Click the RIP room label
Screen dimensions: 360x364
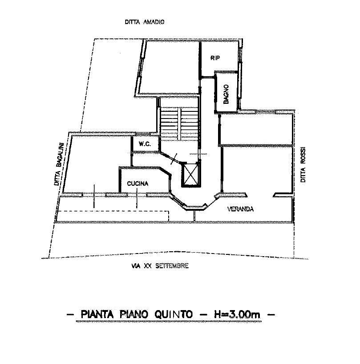(x=215, y=58)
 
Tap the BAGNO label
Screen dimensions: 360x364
(x=226, y=94)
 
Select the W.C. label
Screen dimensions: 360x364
(x=145, y=144)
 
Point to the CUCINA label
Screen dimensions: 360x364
(x=138, y=184)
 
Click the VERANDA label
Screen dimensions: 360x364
(x=240, y=209)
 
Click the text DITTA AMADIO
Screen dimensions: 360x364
(x=145, y=22)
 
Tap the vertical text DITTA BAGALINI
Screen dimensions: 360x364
(x=58, y=164)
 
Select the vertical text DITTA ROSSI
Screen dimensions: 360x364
(x=303, y=164)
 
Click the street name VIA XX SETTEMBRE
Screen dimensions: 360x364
(x=160, y=266)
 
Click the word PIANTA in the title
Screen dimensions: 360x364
(x=97, y=314)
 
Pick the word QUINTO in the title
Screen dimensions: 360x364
(x=174, y=314)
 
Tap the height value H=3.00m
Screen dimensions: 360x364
(x=237, y=314)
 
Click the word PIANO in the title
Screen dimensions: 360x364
(x=134, y=314)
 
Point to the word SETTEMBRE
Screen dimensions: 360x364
(x=172, y=266)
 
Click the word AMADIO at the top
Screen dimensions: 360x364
(x=154, y=22)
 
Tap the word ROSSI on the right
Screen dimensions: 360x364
(x=303, y=155)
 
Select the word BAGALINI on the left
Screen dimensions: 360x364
(x=60, y=155)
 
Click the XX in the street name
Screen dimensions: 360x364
(x=148, y=266)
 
